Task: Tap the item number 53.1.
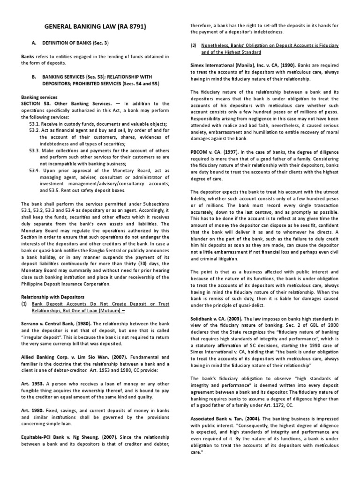point(36,123)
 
